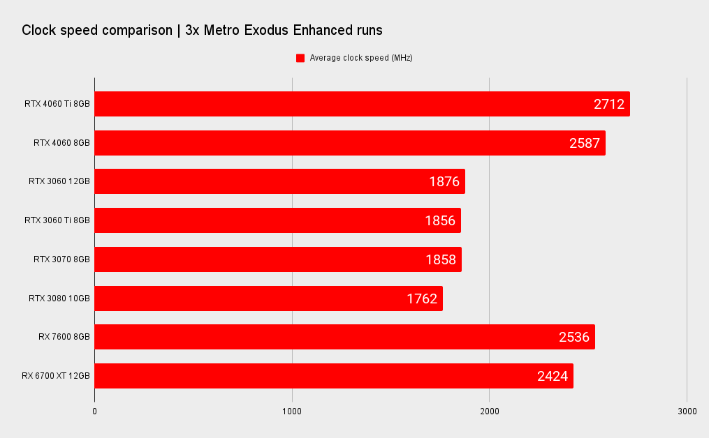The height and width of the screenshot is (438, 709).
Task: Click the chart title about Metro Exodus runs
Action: click(x=202, y=30)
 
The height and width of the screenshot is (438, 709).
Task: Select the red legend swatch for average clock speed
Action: click(x=300, y=58)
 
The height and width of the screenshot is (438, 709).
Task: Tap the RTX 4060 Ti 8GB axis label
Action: click(x=57, y=104)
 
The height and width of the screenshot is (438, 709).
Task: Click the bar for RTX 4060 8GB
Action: click(x=350, y=143)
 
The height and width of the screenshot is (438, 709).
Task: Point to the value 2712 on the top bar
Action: click(x=608, y=105)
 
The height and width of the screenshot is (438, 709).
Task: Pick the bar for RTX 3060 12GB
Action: click(x=280, y=181)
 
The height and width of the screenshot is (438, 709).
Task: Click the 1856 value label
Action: click(x=440, y=220)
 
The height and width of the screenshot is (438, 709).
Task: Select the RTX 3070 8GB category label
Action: click(x=61, y=259)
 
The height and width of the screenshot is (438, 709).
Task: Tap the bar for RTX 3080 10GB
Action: click(x=269, y=299)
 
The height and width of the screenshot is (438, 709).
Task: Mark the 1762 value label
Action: click(x=422, y=299)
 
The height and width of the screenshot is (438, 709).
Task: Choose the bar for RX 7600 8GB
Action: click(x=345, y=337)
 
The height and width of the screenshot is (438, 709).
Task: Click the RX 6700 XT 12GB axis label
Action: click(x=56, y=376)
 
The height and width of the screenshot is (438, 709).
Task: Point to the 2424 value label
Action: click(x=552, y=376)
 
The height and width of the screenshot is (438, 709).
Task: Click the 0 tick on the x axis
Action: click(x=94, y=411)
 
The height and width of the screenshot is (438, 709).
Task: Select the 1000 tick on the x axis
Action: click(x=292, y=411)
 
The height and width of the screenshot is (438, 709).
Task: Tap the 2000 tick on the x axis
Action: click(x=489, y=411)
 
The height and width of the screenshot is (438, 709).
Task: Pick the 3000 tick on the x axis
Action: click(x=687, y=411)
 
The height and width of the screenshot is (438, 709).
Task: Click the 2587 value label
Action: click(x=584, y=143)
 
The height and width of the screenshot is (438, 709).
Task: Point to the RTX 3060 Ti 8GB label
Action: click(x=57, y=220)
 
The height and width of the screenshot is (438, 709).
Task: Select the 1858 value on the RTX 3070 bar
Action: click(x=441, y=259)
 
